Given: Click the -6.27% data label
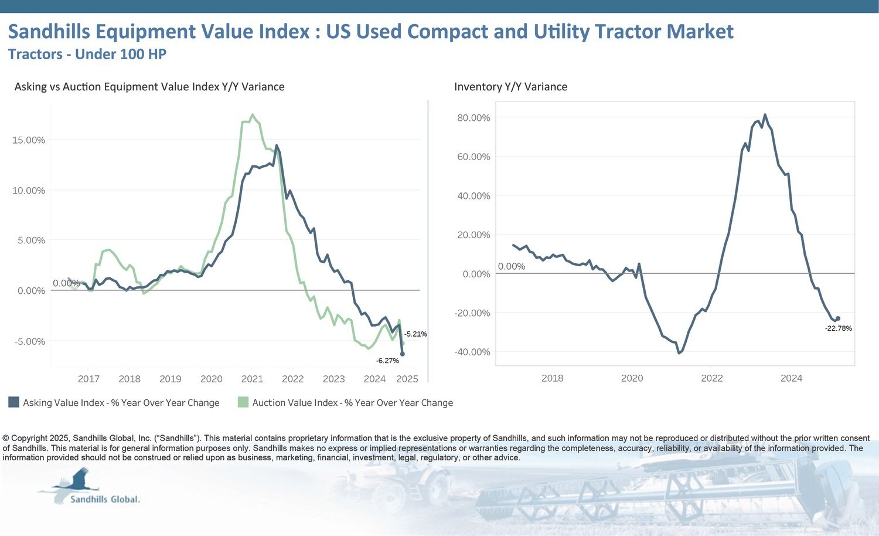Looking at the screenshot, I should pos(387,361).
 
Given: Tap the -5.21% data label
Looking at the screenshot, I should pos(415,334).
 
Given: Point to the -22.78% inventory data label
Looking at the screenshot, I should pos(838,328).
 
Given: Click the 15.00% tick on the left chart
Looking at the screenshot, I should pos(29,140).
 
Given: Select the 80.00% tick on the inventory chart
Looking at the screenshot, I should pos(473,118).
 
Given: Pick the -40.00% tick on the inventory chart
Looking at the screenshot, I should pos(472,352).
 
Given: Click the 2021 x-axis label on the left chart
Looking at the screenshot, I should pos(252,379).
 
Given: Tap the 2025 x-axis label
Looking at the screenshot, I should pos(407,379).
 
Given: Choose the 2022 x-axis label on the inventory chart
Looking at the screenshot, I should pos(712,378).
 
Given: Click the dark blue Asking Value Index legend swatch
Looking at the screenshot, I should pos(13,402).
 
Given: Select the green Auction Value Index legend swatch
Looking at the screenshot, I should pos(243,402).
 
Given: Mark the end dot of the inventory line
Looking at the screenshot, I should pos(837,318).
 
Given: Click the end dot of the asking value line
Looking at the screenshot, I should pos(402,354).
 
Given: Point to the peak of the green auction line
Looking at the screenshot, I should pos(253,115).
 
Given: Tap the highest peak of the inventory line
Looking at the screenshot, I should pos(765,115).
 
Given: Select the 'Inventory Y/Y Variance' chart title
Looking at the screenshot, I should pos(510,87).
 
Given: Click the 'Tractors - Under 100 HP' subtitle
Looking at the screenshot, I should pos(87,55).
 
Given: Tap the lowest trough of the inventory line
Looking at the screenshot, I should pos(679,352).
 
